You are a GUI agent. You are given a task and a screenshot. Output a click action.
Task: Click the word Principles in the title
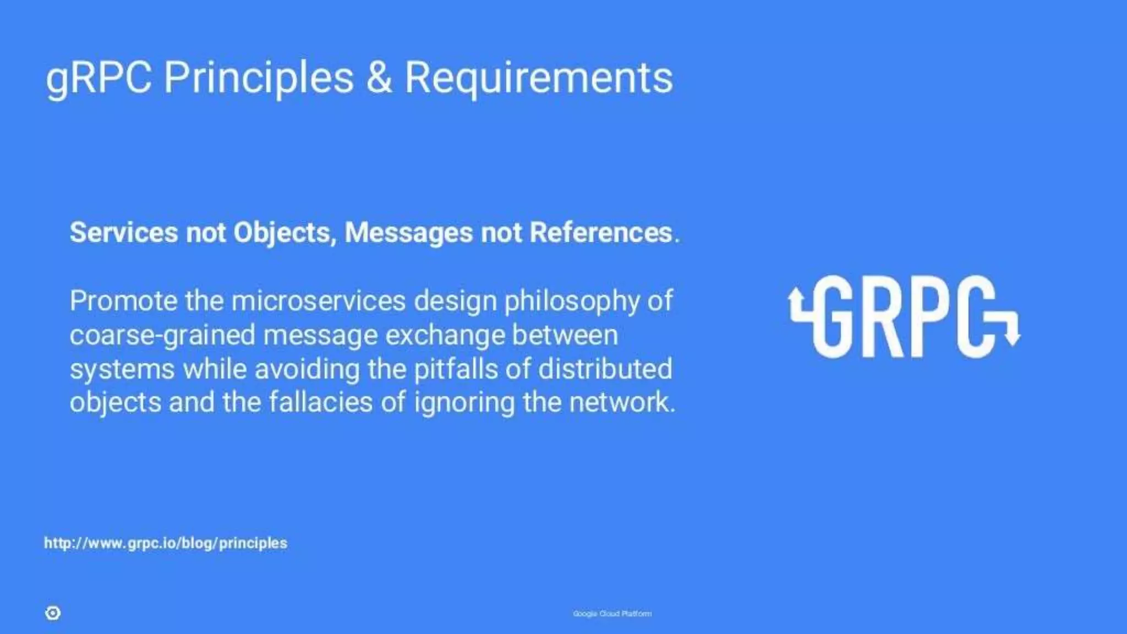click(258, 77)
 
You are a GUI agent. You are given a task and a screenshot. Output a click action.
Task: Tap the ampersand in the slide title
click(379, 77)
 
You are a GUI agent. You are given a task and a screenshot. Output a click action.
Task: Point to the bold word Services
click(124, 232)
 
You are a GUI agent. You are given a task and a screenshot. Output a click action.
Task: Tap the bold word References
click(600, 232)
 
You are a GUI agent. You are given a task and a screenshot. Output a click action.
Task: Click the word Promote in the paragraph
click(123, 301)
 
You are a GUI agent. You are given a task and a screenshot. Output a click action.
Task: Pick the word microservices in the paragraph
click(319, 301)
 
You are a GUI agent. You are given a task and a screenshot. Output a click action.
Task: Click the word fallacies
click(320, 402)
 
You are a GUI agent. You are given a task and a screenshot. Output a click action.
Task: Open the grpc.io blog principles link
click(166, 543)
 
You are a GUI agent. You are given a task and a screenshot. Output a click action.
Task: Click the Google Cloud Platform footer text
click(612, 614)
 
